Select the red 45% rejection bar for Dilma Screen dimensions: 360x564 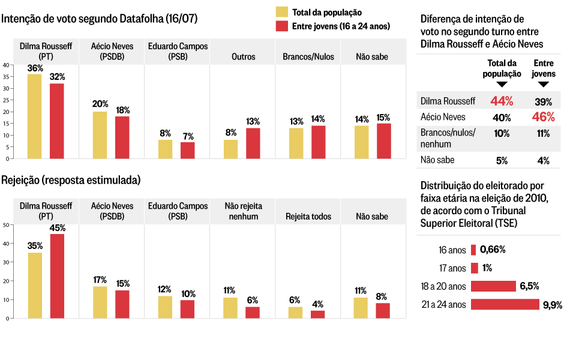click(57, 276)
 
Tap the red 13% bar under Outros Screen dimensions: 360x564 click(253, 143)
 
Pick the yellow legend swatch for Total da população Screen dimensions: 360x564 click(281, 12)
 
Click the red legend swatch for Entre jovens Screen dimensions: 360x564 click(281, 26)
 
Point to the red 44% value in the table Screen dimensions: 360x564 click(502, 101)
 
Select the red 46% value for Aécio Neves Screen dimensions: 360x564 click(544, 117)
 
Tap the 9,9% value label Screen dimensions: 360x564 click(552, 305)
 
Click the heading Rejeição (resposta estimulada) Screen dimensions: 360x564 click(71, 180)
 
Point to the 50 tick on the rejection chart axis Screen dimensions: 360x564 click(5, 225)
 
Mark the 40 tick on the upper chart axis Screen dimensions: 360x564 click(5, 65)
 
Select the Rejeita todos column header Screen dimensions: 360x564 click(308, 217)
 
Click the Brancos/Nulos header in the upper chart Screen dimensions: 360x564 click(308, 57)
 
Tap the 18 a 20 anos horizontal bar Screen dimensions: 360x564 click(493, 286)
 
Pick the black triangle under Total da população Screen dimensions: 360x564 click(502, 84)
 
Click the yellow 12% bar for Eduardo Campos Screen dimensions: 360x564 click(166, 307)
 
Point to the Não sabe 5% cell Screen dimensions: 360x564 click(502, 160)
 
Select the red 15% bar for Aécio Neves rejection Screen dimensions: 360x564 click(122, 304)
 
